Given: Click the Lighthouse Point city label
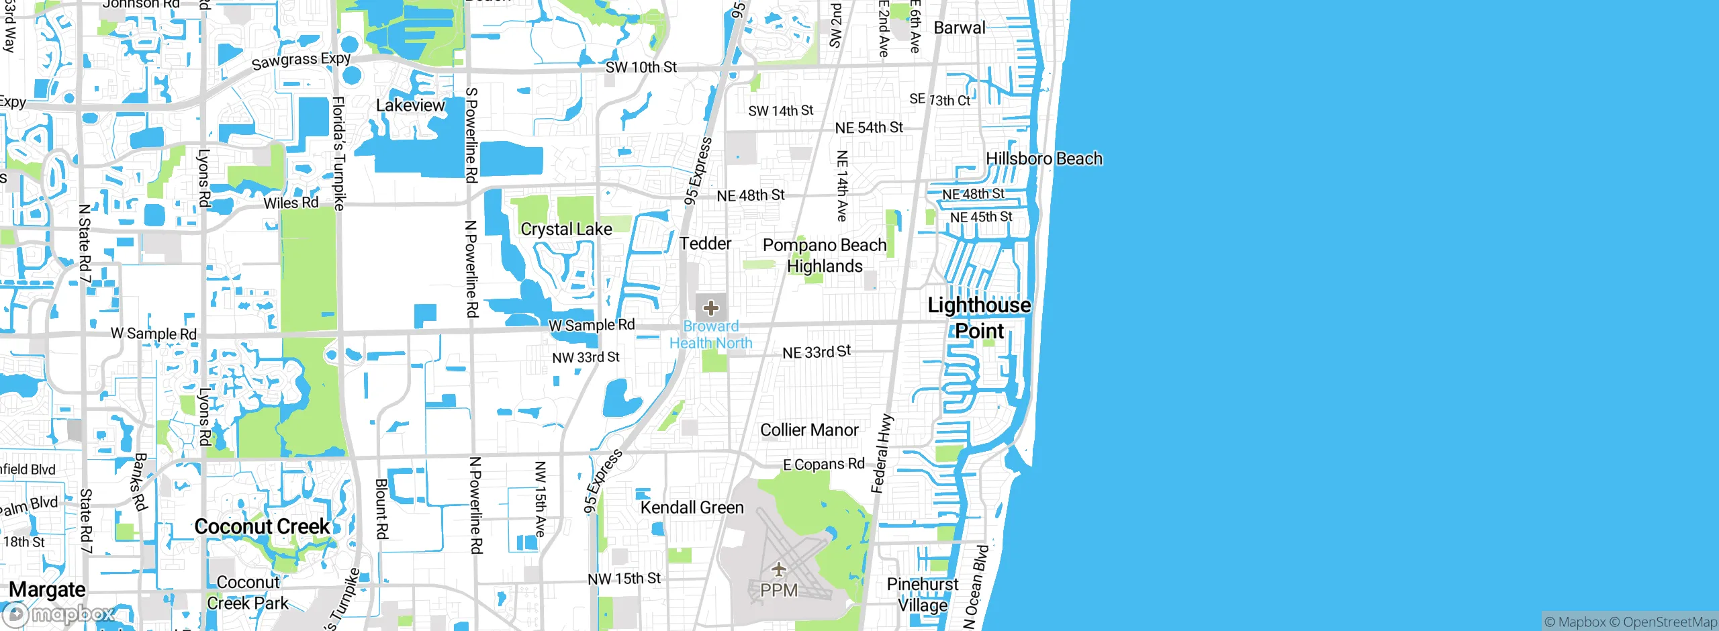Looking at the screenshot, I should (x=979, y=318).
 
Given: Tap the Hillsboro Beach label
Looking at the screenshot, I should (x=1043, y=159).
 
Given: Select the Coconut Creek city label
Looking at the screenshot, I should (x=262, y=527).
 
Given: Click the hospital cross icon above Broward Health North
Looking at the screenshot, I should (x=711, y=308).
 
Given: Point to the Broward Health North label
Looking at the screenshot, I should (x=711, y=335).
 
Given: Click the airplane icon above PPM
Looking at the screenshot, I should (x=779, y=570).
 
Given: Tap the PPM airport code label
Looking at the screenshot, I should (x=779, y=591).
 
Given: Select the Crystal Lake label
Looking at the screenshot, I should (x=566, y=230).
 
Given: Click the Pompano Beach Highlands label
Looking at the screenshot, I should (x=825, y=256).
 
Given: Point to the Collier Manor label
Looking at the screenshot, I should (x=809, y=430).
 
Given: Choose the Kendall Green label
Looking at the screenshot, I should (x=692, y=507).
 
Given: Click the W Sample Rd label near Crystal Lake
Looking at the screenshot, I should (x=591, y=326).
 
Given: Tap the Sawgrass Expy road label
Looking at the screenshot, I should (x=301, y=60).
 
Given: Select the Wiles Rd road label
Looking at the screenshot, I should (x=291, y=203).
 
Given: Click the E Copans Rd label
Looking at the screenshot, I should (x=824, y=465).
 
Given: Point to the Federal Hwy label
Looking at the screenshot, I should (x=882, y=454).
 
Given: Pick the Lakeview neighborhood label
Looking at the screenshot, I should (x=410, y=105).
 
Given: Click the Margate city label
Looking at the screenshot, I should (x=47, y=589).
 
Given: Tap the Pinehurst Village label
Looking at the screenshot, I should (x=923, y=595).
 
